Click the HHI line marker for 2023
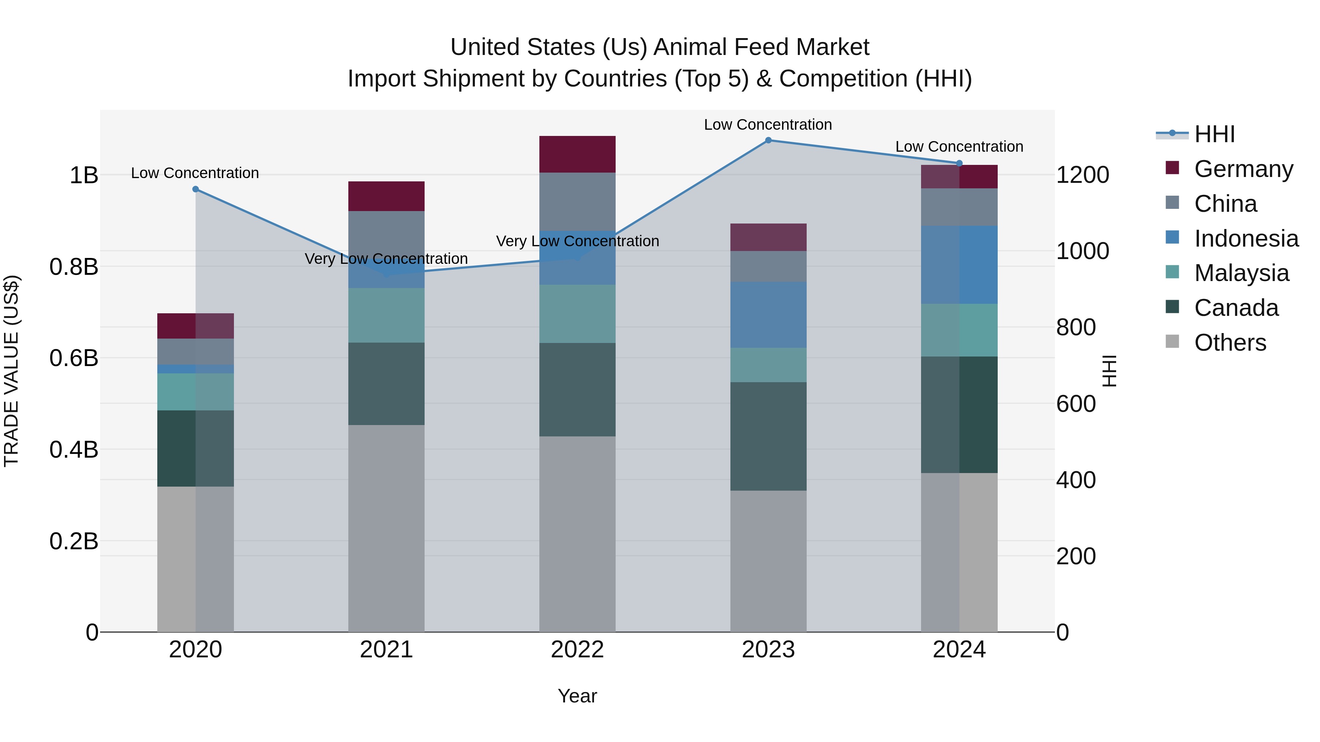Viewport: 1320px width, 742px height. pos(768,140)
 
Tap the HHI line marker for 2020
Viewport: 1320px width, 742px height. pos(195,189)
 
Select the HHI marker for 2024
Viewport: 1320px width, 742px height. pos(959,163)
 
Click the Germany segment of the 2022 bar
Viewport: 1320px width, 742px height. pos(577,154)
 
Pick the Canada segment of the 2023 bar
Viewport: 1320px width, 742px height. pos(768,436)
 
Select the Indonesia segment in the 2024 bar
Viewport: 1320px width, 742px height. pos(959,265)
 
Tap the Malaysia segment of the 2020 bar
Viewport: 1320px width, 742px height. pos(195,392)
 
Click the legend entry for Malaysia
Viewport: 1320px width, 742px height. pos(1241,273)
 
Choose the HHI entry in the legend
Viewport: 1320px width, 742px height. pos(1214,134)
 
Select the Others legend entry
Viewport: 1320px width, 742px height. pos(1230,343)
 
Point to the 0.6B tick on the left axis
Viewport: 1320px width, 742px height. pos(74,358)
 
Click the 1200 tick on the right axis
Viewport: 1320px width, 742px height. pos(1082,175)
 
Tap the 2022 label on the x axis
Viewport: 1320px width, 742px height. pos(577,650)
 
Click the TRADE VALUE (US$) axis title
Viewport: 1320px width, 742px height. pos(11,371)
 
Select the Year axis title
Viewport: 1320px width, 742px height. pos(577,696)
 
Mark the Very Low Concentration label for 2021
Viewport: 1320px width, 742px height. pos(386,259)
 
